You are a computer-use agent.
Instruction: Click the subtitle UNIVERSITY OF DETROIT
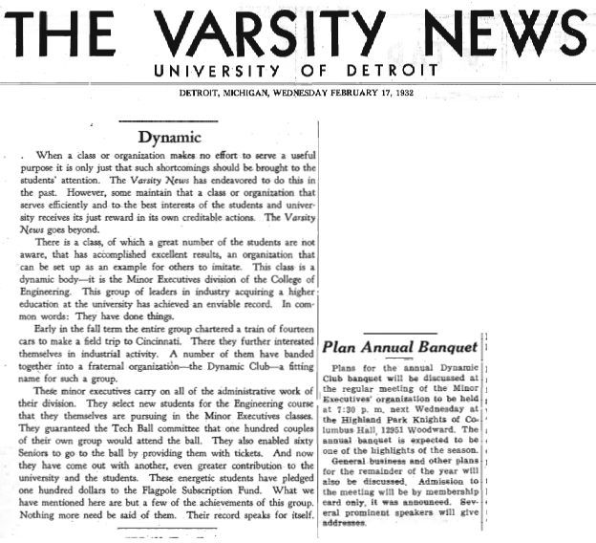coord(296,71)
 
